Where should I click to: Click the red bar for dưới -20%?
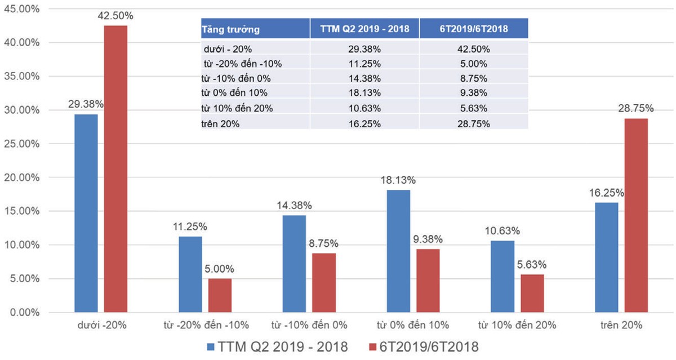(x=115, y=169)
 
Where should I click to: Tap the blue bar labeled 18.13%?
(x=399, y=251)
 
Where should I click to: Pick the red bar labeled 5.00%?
(x=220, y=295)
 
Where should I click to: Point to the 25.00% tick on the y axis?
(x=21, y=144)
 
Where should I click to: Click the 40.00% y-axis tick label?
(x=21, y=42)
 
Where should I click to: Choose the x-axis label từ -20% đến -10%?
(x=205, y=325)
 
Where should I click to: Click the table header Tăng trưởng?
(x=230, y=29)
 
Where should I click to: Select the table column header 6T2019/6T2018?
(x=473, y=29)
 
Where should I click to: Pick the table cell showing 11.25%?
(x=364, y=64)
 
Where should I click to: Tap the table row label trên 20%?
(x=221, y=123)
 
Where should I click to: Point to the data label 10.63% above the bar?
(x=501, y=231)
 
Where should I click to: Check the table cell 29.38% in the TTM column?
(x=364, y=49)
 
